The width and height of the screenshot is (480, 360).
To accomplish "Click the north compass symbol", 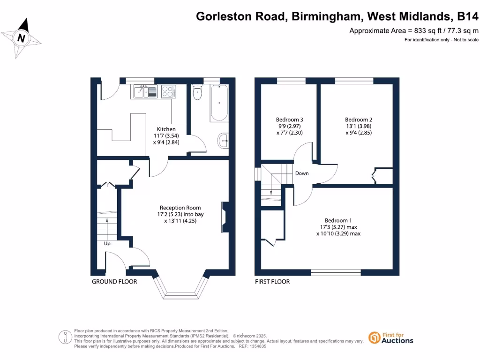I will tap(21, 38).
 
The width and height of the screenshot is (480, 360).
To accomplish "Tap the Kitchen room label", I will tap(166, 129).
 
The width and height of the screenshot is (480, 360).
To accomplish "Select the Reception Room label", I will tap(180, 208).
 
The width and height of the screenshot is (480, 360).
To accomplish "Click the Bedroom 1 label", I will tap(338, 220).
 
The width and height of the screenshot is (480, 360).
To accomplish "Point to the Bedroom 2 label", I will tap(359, 120).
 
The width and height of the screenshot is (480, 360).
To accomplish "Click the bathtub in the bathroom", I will tap(219, 103).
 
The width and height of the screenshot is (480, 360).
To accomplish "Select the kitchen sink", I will tap(145, 91).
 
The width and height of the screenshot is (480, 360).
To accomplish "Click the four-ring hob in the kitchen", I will tap(168, 91).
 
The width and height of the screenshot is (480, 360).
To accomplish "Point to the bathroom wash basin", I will tap(224, 139).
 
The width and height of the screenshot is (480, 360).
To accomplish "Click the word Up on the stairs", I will tap(107, 244).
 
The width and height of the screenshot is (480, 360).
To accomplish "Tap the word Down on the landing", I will tap(302, 173).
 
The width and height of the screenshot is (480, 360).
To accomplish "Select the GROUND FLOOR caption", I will tap(114, 282).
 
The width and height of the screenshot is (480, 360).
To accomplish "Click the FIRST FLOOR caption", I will tap(272, 282).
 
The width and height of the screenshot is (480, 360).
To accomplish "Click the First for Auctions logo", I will tap(391, 337).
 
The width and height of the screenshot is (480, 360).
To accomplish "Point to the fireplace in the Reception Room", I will tap(225, 217).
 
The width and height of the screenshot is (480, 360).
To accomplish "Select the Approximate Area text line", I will tap(414, 31).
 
